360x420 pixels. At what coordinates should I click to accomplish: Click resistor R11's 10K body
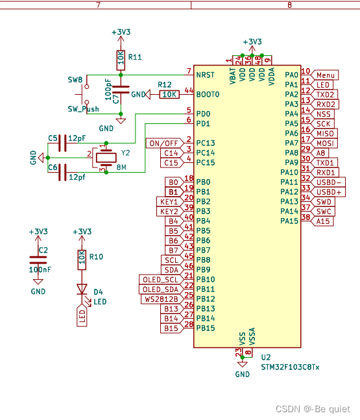click(x=121, y=60)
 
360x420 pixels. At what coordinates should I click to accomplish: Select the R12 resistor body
click(x=169, y=94)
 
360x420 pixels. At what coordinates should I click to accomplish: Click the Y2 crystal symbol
click(x=106, y=158)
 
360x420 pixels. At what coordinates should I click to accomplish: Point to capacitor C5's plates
click(x=62, y=143)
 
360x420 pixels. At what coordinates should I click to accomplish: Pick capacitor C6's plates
click(x=62, y=172)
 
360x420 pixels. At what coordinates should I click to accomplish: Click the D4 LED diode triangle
click(x=82, y=290)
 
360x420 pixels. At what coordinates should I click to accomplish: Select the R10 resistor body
click(x=82, y=260)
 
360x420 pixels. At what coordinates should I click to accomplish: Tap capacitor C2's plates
click(x=38, y=260)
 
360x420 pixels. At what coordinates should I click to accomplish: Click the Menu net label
click(x=324, y=75)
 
